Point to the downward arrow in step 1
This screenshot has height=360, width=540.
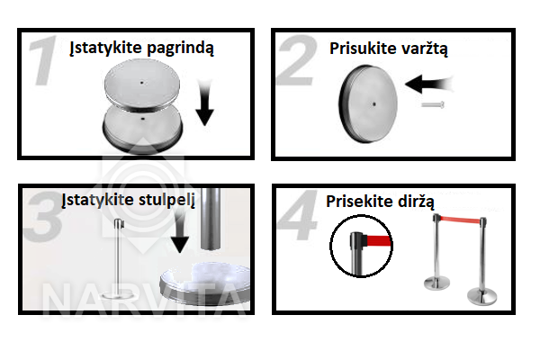[x=204, y=103]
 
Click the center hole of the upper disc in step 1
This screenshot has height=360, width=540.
[x=141, y=83]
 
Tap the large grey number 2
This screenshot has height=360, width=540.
[x=298, y=60]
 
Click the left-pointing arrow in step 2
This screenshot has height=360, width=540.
[x=429, y=84]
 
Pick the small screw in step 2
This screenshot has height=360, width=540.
[x=433, y=104]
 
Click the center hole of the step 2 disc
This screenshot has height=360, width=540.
[x=374, y=103]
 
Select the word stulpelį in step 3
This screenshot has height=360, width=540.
[x=166, y=201]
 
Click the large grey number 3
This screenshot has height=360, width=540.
[x=44, y=216]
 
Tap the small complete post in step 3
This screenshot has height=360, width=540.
[x=118, y=258]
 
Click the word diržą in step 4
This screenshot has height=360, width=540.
[x=416, y=202]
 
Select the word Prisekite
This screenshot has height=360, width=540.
[x=360, y=202]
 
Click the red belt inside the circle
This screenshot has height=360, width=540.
[x=379, y=240]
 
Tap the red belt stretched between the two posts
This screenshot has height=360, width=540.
[x=460, y=220]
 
